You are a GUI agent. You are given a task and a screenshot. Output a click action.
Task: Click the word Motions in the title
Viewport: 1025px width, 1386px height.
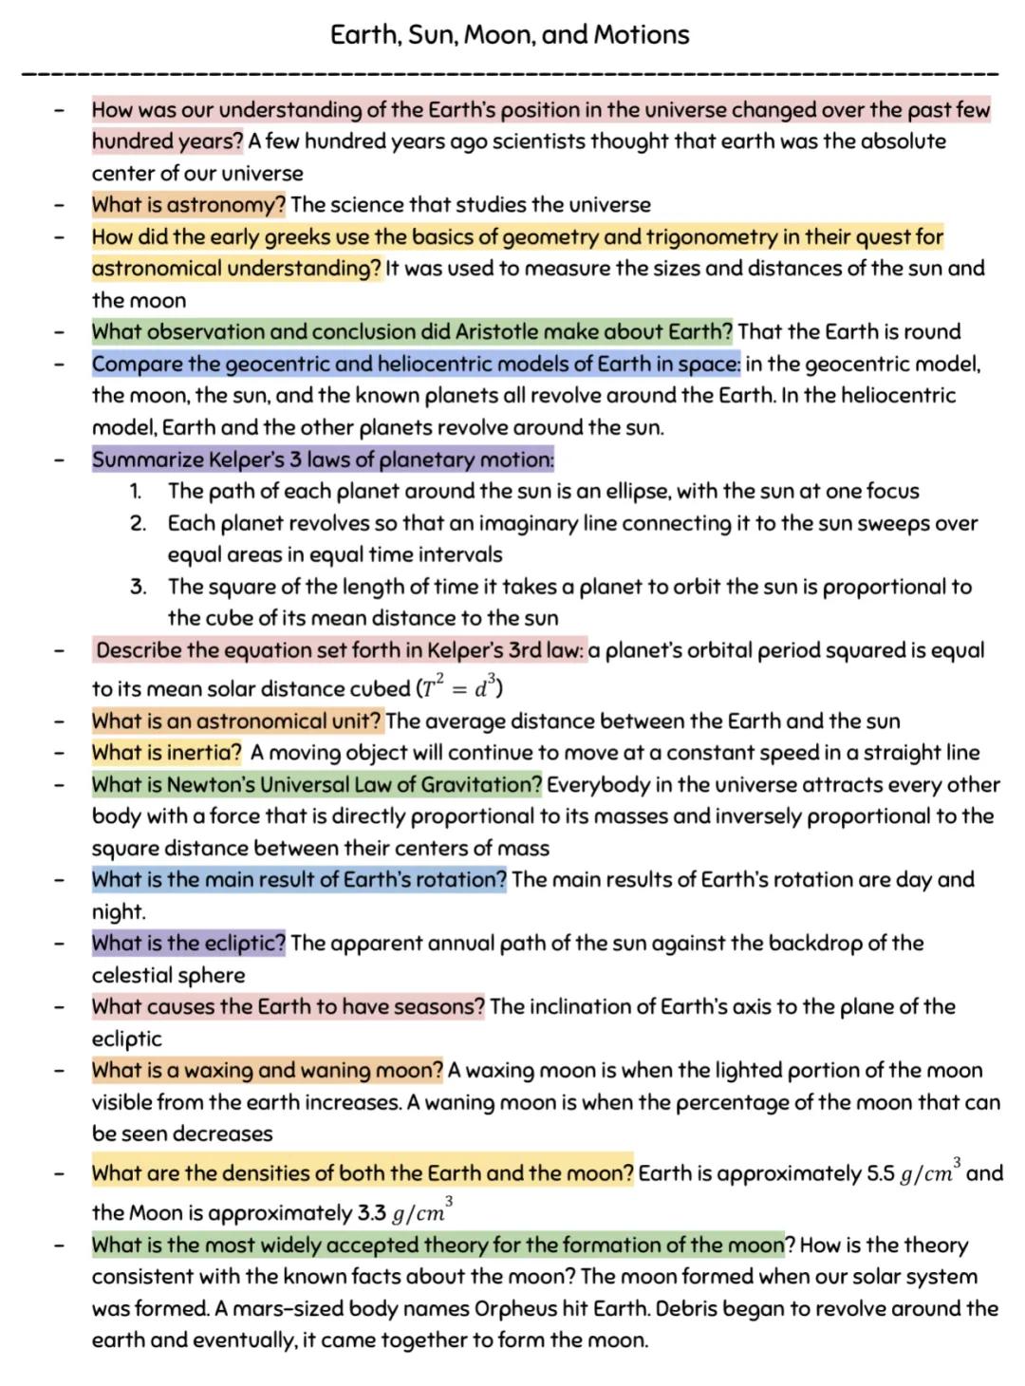point(642,35)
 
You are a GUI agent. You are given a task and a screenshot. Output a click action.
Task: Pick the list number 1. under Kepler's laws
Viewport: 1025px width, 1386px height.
point(136,491)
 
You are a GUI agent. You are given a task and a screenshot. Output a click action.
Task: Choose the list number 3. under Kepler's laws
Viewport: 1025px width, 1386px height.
point(138,587)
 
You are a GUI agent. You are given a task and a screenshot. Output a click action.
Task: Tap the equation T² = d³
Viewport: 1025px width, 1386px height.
point(460,686)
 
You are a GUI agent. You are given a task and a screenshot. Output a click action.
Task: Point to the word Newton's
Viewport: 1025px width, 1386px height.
point(206,785)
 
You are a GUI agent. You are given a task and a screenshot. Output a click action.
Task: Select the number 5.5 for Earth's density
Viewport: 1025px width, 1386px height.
point(881,1174)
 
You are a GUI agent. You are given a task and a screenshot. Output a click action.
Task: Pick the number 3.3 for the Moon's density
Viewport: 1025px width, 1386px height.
point(372,1213)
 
